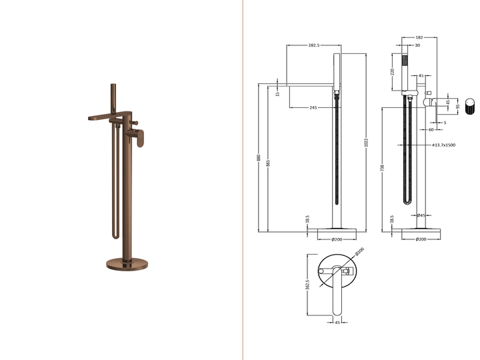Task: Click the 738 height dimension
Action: point(382,169)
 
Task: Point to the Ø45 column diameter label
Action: point(421,215)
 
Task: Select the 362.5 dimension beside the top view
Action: point(307,285)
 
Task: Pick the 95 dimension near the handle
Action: point(458,106)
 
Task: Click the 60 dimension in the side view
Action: point(431,130)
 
